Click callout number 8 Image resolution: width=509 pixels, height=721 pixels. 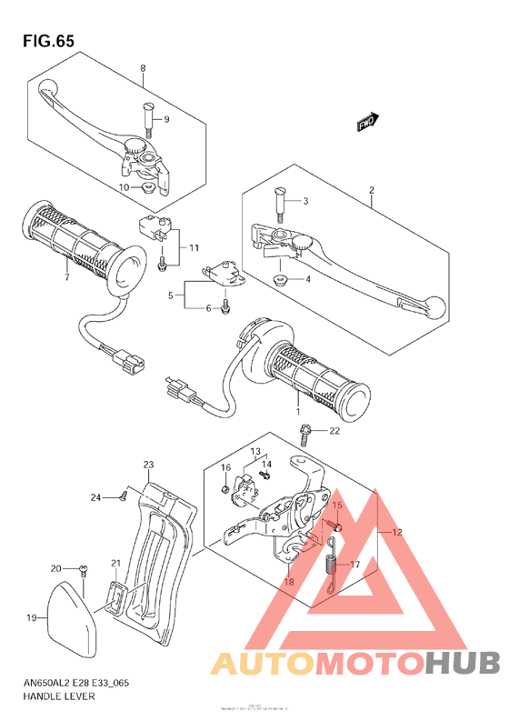[143, 69]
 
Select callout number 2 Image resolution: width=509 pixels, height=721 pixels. [371, 190]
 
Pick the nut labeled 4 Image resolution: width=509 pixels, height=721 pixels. [282, 279]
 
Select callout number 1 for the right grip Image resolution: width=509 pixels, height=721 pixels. [295, 400]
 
